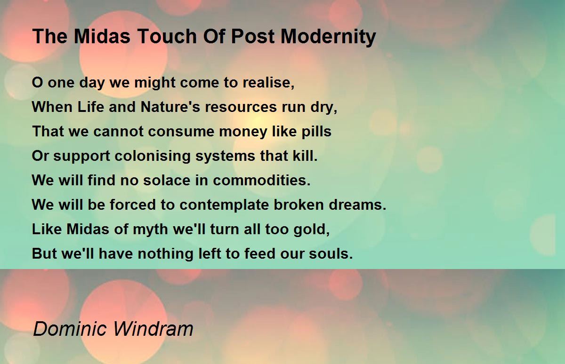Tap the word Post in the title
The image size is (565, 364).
[253, 36]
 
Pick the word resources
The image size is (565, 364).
[241, 107]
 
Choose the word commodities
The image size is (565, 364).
[262, 181]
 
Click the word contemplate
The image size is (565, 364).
[224, 205]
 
